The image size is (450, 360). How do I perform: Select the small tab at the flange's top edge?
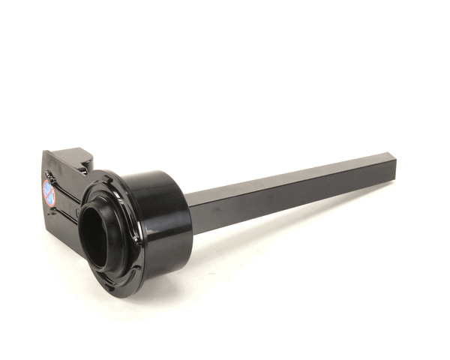[100, 180]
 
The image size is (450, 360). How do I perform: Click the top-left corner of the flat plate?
[45, 153]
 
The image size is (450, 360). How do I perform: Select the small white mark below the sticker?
[49, 211]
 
